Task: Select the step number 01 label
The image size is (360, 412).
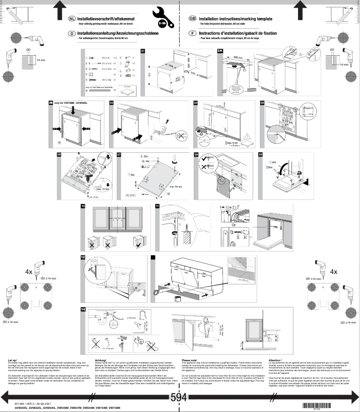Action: pos(143,51)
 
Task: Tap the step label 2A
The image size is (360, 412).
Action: pos(220,51)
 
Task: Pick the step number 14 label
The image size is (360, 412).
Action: pos(83,310)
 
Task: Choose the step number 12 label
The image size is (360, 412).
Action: pos(83,257)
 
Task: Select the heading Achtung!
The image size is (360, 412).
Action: pos(101,360)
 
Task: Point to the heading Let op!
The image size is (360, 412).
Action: pos(13,360)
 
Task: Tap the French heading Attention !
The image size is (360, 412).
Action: pos(275,360)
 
